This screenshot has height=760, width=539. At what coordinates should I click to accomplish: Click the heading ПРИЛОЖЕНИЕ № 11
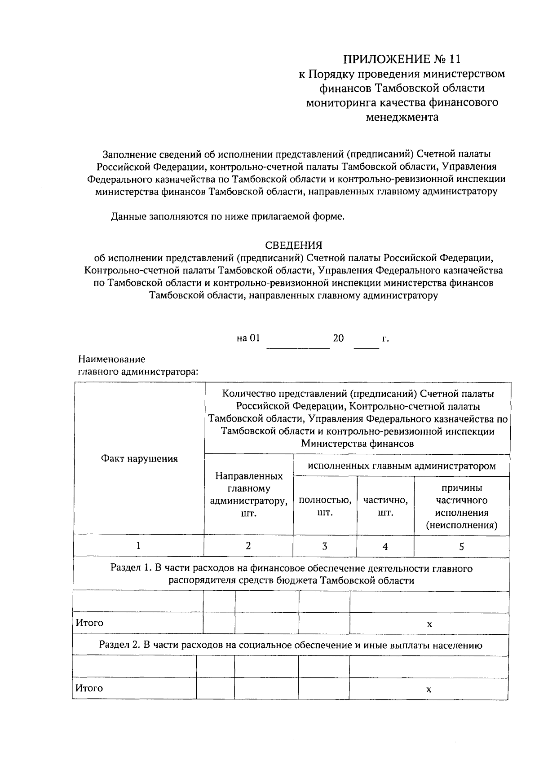(402, 59)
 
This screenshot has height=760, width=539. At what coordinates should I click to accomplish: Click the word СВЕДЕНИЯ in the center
(294, 245)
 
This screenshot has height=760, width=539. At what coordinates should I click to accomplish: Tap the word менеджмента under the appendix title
(402, 118)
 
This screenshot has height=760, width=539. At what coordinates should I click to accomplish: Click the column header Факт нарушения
(139, 459)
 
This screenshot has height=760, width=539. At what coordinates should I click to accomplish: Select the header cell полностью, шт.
(325, 506)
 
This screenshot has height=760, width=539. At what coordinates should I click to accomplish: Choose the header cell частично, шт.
(385, 506)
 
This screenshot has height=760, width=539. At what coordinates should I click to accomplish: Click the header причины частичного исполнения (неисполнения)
(461, 506)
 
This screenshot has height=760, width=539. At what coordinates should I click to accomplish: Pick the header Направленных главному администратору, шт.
(249, 494)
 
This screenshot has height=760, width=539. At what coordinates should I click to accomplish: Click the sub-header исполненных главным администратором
(402, 466)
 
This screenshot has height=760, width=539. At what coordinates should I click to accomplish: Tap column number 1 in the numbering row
(139, 545)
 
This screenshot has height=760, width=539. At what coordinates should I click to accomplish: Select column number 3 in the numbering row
(325, 546)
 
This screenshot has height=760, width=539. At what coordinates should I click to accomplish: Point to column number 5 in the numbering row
(461, 546)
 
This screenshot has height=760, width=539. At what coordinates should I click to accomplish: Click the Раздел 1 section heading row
(291, 575)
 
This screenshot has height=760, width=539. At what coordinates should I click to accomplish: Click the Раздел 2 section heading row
(291, 646)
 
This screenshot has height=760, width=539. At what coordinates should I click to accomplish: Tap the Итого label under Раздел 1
(89, 623)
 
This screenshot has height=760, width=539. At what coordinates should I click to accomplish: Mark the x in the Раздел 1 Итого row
(429, 624)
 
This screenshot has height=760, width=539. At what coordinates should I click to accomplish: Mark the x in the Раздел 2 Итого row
(429, 690)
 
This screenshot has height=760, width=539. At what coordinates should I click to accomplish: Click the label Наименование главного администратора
(137, 366)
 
